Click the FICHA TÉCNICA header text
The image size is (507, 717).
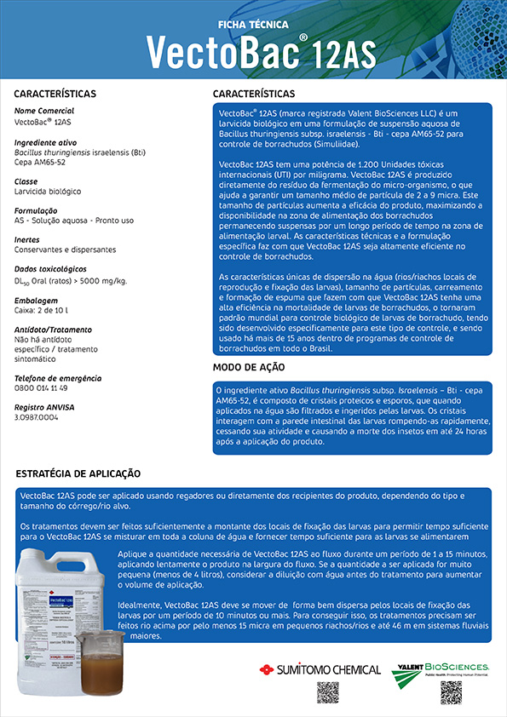tap(253, 26)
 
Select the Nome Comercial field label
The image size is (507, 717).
tap(44, 111)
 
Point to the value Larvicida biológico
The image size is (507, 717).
tap(48, 192)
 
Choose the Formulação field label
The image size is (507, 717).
tap(36, 210)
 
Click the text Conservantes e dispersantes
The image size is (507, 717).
tap(65, 250)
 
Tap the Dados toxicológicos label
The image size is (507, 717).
tap(52, 269)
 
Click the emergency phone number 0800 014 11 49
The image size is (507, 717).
tap(41, 387)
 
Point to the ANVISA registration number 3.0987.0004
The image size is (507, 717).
tap(37, 418)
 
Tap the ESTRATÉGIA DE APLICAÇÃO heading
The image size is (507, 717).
tap(78, 473)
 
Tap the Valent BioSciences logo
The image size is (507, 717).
tap(440, 672)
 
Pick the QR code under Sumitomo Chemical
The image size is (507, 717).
tap(328, 693)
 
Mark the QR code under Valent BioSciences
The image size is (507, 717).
tap(451, 693)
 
